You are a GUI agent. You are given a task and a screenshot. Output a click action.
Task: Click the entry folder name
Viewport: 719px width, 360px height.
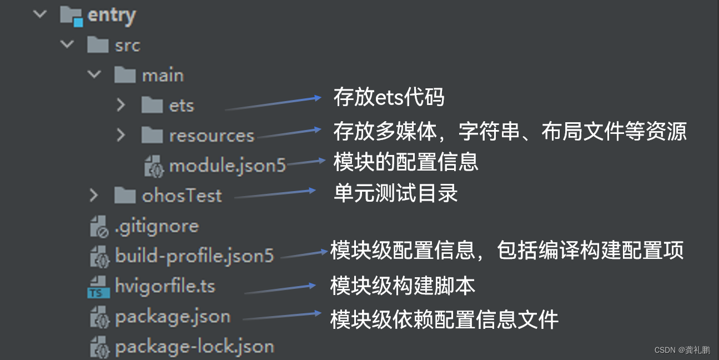tap(111, 15)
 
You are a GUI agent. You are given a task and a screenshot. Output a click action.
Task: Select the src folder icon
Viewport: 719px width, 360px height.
tap(98, 45)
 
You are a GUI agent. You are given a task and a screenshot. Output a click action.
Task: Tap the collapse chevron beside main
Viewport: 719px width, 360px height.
tap(94, 74)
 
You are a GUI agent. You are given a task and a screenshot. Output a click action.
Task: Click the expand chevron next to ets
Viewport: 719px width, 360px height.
tap(121, 104)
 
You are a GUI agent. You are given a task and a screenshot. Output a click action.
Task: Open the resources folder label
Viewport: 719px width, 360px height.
tap(212, 136)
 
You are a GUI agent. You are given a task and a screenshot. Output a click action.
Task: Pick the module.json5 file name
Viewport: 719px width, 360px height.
tap(228, 165)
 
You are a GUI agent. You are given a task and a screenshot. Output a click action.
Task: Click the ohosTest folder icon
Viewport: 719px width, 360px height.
tap(125, 195)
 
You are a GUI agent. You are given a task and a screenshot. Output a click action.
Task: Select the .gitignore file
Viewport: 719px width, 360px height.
tap(157, 226)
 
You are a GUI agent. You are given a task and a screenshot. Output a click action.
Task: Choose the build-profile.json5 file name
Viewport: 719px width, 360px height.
tap(194, 256)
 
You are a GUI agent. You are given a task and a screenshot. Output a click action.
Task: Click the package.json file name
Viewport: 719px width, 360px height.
tap(172, 317)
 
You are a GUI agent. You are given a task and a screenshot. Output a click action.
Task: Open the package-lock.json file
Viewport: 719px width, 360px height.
tap(194, 347)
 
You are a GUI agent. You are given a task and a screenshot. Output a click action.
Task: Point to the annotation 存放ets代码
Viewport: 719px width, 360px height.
tap(389, 98)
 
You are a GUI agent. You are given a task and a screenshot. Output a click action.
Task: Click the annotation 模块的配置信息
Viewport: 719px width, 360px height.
tap(405, 162)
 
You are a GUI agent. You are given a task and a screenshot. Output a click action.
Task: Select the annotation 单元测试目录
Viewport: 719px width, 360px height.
tap(395, 193)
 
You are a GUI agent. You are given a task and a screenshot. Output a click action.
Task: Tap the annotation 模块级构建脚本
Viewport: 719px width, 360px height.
tap(403, 286)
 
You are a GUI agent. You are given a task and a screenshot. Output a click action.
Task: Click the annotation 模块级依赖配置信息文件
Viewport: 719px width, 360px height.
tap(444, 319)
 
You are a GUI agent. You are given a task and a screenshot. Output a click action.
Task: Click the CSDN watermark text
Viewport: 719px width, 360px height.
tap(682, 350)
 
